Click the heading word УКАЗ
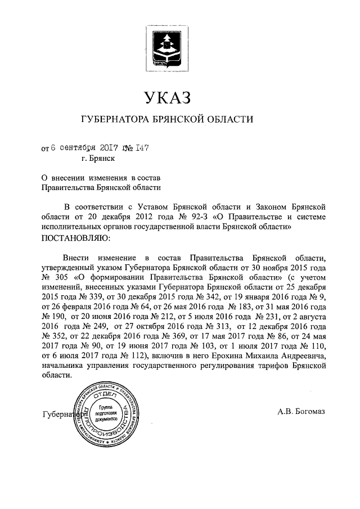pyautogui.click(x=168, y=98)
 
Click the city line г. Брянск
pyautogui.click(x=94, y=160)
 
